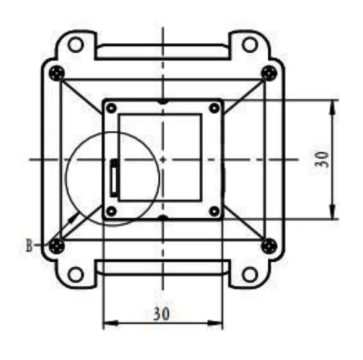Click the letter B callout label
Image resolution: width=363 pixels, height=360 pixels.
pyautogui.click(x=29, y=246)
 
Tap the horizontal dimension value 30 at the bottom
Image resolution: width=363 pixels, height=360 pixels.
pyautogui.click(x=161, y=314)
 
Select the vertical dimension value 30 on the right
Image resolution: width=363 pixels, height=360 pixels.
pyautogui.click(x=322, y=159)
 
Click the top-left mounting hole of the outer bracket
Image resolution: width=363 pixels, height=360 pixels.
pyautogui.click(x=75, y=44)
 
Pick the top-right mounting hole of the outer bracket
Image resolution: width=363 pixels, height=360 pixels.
pyautogui.click(x=250, y=44)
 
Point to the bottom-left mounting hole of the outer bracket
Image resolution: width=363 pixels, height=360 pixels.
pyautogui.click(x=75, y=275)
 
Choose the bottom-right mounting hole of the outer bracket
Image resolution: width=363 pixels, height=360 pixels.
pyautogui.click(x=250, y=275)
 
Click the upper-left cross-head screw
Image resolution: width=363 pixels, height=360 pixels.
pyautogui.click(x=57, y=73)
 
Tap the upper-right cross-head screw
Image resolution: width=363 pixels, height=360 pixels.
pyautogui.click(x=269, y=73)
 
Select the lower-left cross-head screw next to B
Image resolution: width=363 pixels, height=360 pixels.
pyautogui.click(x=57, y=246)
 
